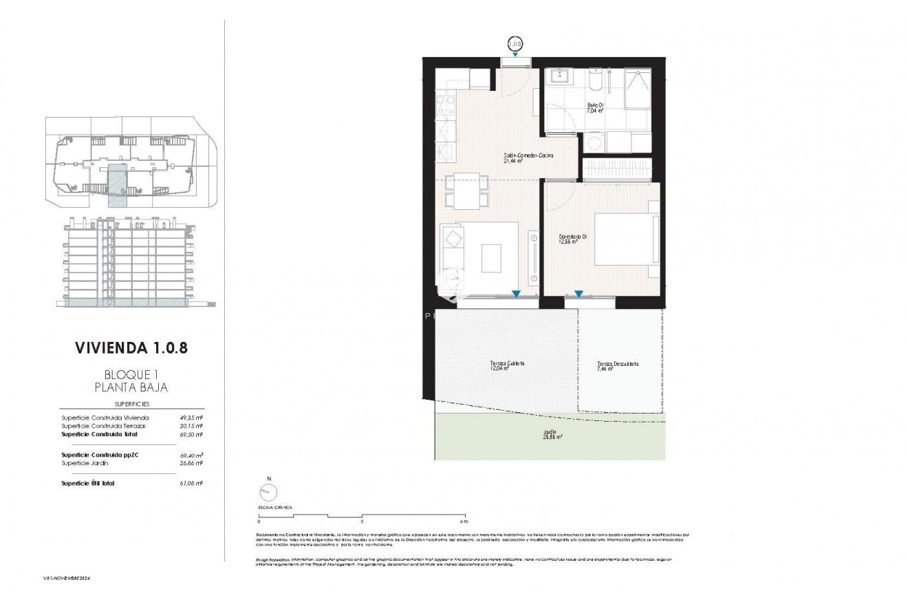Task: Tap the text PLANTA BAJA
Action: click(x=131, y=387)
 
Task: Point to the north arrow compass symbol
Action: click(x=269, y=492)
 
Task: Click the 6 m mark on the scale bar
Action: click(x=466, y=521)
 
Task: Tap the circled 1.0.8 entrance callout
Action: click(x=515, y=43)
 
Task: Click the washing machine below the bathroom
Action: click(x=592, y=142)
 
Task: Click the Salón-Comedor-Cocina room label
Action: click(x=528, y=157)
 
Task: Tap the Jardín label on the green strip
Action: click(x=550, y=433)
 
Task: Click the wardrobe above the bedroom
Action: click(x=616, y=169)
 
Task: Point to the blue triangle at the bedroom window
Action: click(x=579, y=294)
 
